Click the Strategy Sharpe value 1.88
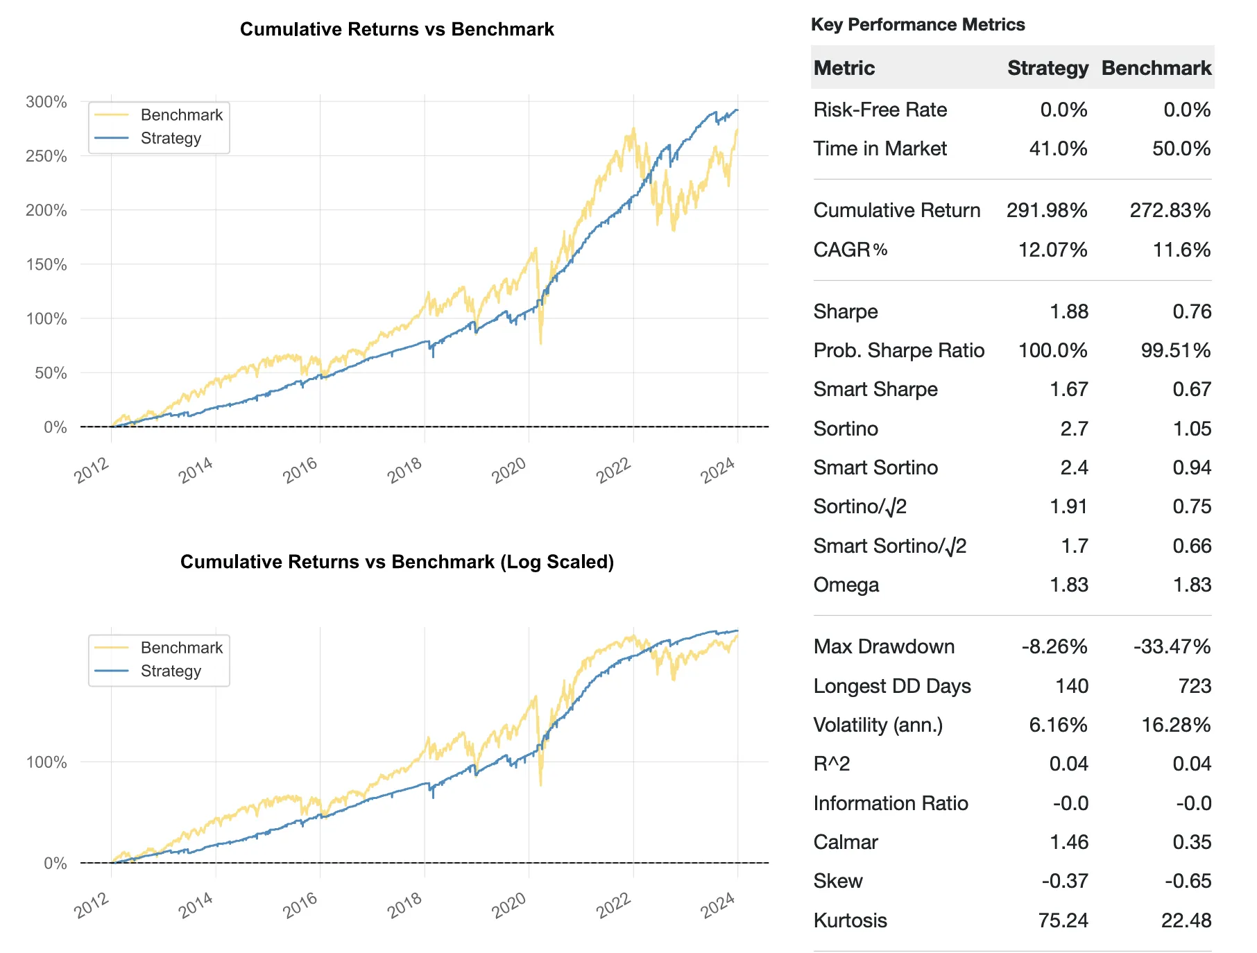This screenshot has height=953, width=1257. (x=1068, y=311)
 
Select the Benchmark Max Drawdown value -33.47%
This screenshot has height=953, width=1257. (x=1172, y=646)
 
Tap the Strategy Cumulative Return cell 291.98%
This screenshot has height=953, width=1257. (x=1046, y=210)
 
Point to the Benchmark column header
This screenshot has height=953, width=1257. (x=1156, y=68)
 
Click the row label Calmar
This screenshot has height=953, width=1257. (x=845, y=842)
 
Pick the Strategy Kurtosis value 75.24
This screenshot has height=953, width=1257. (x=1063, y=920)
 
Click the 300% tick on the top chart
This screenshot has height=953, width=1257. (x=46, y=102)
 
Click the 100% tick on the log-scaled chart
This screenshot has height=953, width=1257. (x=46, y=762)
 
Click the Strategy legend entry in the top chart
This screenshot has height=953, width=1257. (x=170, y=138)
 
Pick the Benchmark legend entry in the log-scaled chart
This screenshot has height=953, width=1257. (x=181, y=648)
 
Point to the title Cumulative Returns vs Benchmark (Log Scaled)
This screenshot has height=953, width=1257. (x=397, y=562)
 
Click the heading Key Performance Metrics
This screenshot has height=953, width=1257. (x=917, y=25)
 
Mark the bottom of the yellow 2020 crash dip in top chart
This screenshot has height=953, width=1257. (x=540, y=343)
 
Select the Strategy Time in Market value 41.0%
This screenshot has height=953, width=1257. (x=1058, y=148)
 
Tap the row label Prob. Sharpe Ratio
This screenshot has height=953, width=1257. (x=898, y=350)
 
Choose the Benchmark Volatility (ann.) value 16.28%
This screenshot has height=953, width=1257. (x=1176, y=725)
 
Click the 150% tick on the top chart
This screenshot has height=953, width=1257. (x=46, y=264)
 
